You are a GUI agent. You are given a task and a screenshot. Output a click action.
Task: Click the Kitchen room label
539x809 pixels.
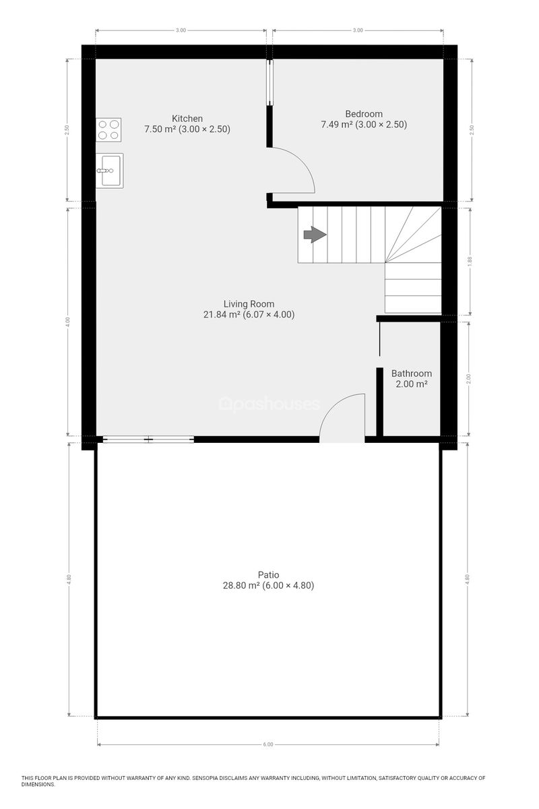187,119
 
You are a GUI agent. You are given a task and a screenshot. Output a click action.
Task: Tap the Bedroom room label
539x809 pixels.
364,114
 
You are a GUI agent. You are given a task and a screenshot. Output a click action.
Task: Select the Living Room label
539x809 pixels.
249,304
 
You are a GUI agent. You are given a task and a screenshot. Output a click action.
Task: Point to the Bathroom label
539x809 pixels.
411,373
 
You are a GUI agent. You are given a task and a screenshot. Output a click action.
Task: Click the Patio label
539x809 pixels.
268,574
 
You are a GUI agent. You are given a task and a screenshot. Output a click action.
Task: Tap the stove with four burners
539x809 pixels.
108,129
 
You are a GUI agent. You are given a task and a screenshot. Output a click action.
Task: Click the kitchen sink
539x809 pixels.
109,171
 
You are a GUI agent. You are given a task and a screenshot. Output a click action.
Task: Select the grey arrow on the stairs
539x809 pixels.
315,235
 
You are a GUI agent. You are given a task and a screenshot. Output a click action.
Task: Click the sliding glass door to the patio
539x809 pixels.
148,440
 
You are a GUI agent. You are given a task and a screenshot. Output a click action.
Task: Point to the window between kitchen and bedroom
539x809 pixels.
269,83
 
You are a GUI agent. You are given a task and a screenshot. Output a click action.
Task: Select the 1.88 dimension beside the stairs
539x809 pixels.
470,261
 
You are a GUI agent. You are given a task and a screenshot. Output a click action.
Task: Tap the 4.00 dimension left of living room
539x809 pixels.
68,322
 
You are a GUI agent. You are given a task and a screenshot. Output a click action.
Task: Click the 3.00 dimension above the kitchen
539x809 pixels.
181,30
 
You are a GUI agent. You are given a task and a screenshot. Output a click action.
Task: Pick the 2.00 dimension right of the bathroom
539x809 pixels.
469,378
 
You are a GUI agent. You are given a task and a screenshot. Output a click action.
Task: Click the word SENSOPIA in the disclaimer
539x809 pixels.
205,778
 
